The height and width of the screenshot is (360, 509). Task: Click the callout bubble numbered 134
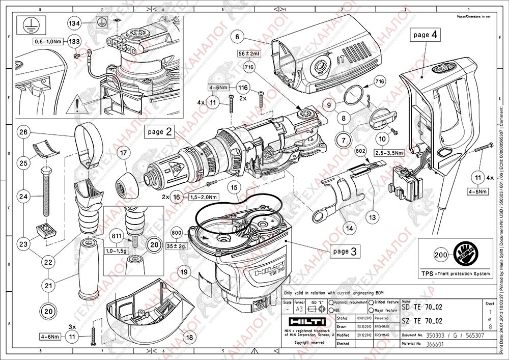[x=75, y=23]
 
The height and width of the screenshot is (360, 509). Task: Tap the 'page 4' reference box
[x=425, y=35]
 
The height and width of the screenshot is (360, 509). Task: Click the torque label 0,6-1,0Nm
[x=48, y=41]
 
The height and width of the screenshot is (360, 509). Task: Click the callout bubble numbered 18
[x=190, y=337]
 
